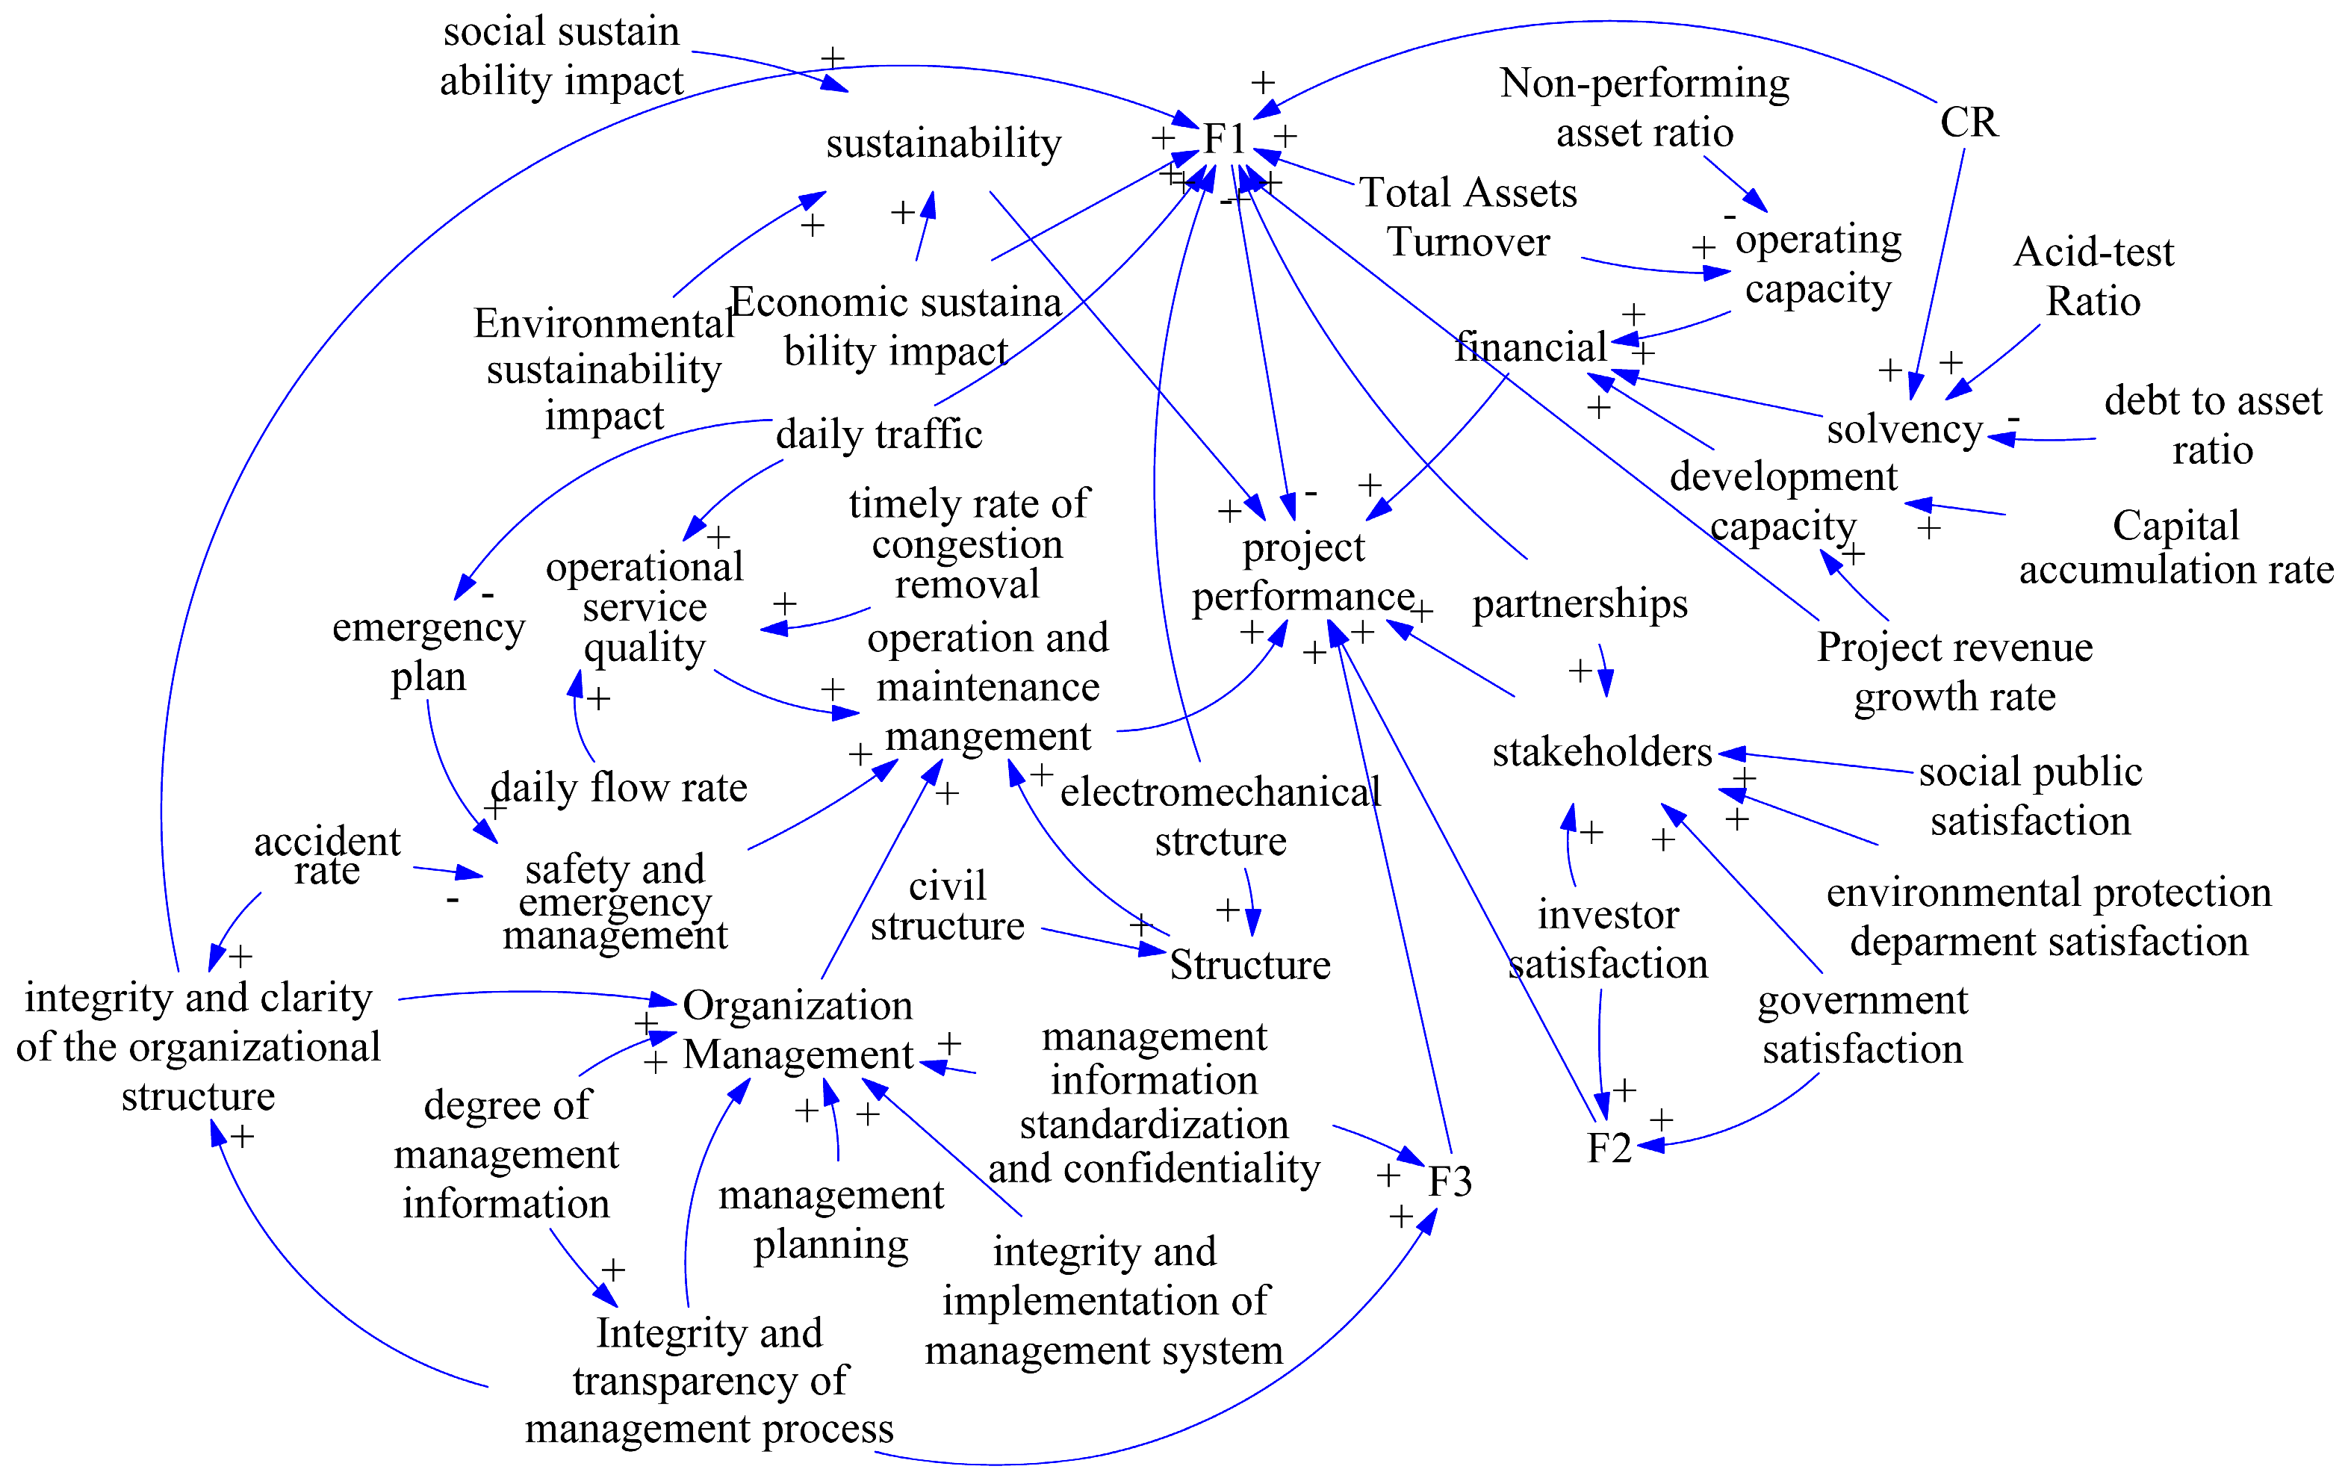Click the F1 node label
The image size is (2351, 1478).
(x=1224, y=139)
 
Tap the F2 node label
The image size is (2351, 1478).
(x=1609, y=1148)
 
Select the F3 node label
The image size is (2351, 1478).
(x=1450, y=1182)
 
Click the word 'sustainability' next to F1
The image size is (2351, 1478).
(x=943, y=143)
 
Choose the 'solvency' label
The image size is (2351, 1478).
(x=1904, y=429)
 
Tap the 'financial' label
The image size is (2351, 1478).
(x=1530, y=347)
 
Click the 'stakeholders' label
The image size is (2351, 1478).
(x=1602, y=751)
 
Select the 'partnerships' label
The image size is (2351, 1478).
(x=1580, y=603)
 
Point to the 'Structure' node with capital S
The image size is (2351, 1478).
(x=1249, y=964)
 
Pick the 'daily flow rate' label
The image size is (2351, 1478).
(x=619, y=787)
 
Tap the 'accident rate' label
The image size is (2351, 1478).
(x=327, y=855)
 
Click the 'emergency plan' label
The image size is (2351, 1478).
(x=429, y=651)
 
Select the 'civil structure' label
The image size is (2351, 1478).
(x=947, y=905)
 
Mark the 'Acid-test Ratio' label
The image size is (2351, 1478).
(x=2093, y=276)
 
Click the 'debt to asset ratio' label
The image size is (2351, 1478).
(x=2212, y=425)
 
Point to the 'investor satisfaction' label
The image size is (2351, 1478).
(x=1608, y=939)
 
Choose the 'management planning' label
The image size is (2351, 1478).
(x=831, y=1220)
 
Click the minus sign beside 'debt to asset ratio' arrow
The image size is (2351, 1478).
(x=2013, y=419)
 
